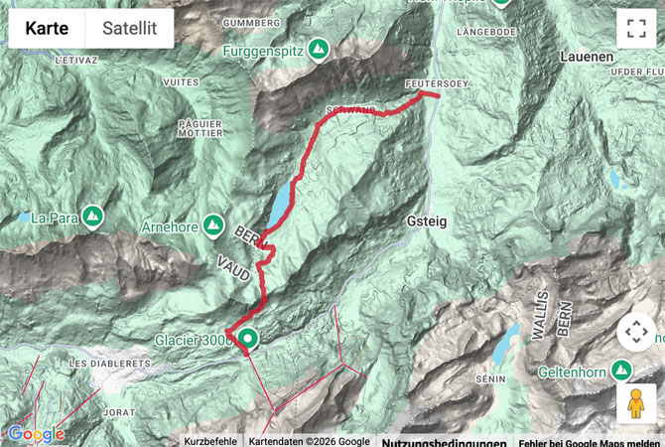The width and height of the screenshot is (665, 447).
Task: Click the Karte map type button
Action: [x=47, y=29]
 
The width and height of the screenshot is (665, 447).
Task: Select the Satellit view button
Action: [x=130, y=29]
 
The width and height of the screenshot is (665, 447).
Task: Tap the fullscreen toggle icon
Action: [x=636, y=29]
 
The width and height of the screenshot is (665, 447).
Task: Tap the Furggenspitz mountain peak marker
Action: [x=319, y=48]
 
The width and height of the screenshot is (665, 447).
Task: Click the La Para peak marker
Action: [x=92, y=216]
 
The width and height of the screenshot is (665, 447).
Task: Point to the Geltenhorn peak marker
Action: [x=622, y=370]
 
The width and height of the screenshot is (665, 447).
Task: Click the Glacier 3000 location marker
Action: [x=246, y=340]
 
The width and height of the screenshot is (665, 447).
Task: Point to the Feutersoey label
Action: [x=436, y=84]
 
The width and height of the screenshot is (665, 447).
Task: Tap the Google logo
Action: [x=36, y=434]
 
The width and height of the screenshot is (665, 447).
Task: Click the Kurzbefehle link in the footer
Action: [x=210, y=441]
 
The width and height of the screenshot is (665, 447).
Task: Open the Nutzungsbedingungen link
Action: [x=444, y=441]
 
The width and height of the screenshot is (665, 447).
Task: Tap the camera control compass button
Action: [x=636, y=332]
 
